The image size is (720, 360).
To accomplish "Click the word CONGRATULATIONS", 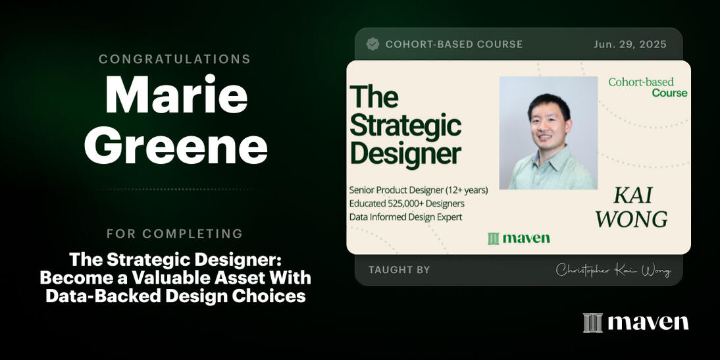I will (174, 59).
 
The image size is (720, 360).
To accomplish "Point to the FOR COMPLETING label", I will (174, 234).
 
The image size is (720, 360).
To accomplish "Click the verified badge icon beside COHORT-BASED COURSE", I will (373, 44).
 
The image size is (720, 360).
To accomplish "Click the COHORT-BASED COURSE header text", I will (453, 44).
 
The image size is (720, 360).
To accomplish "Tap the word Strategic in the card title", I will (405, 125).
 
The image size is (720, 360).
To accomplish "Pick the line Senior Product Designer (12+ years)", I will (419, 190).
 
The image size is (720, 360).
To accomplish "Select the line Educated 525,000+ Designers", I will (407, 203).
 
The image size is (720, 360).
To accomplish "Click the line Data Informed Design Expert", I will (405, 217).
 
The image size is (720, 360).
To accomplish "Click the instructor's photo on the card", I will (548, 132).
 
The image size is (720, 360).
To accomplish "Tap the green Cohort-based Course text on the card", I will (648, 88).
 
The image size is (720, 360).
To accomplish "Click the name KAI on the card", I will (632, 195).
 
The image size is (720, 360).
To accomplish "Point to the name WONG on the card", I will (631, 219).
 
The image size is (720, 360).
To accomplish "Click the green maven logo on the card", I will (519, 238).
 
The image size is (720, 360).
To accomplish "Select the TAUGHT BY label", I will (399, 270).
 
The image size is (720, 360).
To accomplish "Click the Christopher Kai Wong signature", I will (613, 270).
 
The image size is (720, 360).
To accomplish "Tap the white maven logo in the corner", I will (636, 322).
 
